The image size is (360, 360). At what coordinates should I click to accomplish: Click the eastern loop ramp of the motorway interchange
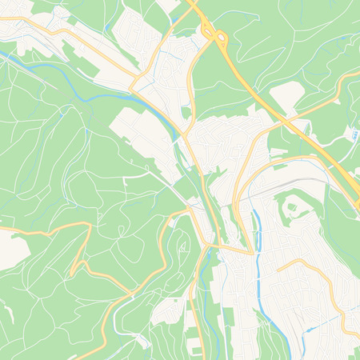pos(219,38)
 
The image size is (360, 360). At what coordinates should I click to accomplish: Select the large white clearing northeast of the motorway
pos(286,97)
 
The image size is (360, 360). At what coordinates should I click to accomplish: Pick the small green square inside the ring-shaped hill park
pos(292,209)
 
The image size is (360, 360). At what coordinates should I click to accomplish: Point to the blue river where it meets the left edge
pos(2,54)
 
